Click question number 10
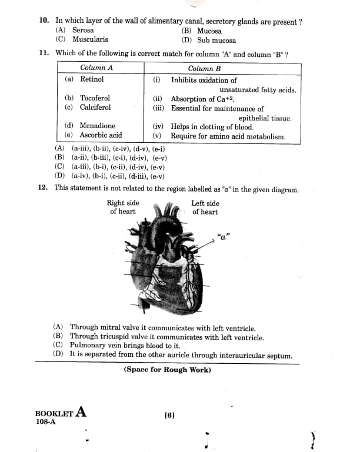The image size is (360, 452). (44, 21)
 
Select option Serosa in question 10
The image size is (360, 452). (82, 30)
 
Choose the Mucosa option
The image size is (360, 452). (209, 31)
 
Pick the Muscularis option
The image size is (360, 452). (90, 39)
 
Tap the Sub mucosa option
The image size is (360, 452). (216, 41)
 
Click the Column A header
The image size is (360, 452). (96, 68)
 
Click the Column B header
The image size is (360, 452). (204, 68)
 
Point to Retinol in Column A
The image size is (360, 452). (92, 79)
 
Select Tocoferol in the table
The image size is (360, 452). (95, 98)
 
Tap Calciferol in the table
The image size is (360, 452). (95, 107)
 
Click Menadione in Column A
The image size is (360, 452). (98, 126)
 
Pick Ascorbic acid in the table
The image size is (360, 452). (101, 135)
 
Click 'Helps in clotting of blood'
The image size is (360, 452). (212, 126)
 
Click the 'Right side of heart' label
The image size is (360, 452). (123, 207)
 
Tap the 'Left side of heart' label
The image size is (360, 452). (205, 207)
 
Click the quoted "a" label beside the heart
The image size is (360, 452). (223, 237)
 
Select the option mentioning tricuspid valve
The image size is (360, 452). (167, 337)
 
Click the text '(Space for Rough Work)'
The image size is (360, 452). (167, 370)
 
